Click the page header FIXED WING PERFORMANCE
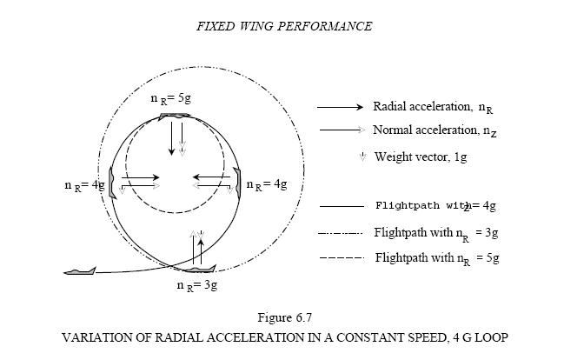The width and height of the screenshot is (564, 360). [283, 26]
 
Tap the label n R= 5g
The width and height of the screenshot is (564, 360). [170, 99]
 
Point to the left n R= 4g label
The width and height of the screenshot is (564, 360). [84, 185]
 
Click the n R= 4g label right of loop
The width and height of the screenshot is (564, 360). [267, 185]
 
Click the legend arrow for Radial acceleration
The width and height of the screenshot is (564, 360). [340, 108]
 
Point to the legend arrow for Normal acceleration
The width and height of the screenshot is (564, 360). [340, 130]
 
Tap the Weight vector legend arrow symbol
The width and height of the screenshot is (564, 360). [362, 157]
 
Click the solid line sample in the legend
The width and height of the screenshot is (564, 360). [341, 206]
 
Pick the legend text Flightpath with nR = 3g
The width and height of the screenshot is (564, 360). [436, 232]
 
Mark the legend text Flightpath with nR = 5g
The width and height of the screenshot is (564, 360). [436, 258]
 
